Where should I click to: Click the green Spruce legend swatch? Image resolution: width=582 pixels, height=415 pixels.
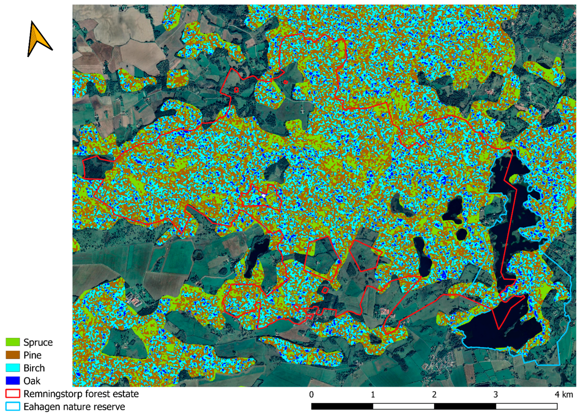13,342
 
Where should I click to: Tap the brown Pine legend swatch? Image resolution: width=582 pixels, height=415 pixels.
13,355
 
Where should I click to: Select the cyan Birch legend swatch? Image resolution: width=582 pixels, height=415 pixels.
13,368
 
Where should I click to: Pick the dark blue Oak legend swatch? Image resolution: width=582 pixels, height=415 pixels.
13,381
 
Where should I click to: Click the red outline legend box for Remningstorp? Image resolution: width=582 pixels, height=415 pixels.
13,394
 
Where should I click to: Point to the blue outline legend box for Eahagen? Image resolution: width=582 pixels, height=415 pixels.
13,406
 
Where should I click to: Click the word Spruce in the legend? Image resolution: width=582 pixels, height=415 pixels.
38,342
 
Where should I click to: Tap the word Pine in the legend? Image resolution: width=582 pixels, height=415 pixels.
32,355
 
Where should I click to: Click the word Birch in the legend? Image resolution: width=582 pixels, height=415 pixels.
34,368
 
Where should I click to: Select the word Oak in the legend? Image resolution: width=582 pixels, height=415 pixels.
32,381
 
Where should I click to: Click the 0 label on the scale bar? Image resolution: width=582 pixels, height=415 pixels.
312,394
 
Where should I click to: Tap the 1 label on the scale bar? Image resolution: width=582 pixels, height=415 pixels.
373,394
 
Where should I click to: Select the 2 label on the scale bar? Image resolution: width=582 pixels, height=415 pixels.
434,394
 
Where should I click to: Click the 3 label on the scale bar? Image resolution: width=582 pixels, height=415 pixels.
496,394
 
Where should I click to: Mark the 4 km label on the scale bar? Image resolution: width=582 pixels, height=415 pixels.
564,394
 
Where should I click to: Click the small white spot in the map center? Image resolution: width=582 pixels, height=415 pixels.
264,196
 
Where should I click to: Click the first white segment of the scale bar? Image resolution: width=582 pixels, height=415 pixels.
403,406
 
